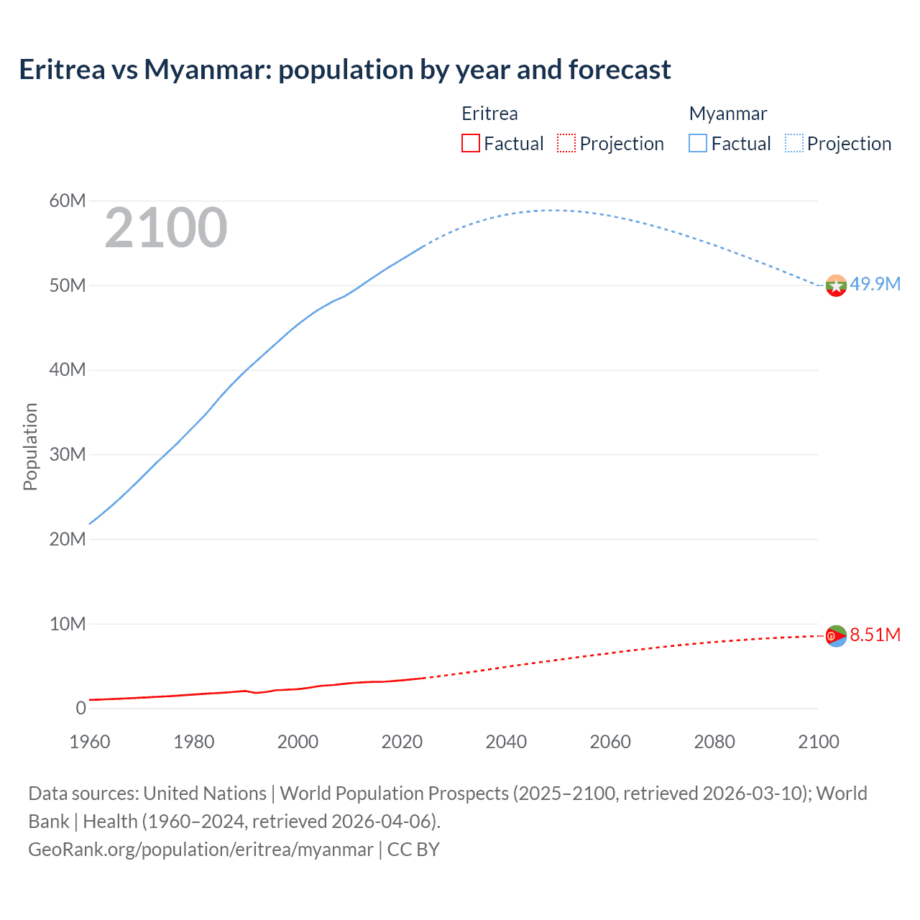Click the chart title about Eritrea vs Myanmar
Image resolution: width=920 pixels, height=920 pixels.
click(x=345, y=70)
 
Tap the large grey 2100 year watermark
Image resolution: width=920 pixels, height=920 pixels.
click(x=166, y=228)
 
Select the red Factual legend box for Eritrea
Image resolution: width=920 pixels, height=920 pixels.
click(x=470, y=144)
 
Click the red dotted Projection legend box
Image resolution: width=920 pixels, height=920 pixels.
click(x=566, y=144)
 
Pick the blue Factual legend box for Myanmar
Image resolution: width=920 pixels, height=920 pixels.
click(x=697, y=144)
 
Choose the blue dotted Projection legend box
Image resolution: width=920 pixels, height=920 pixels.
click(x=794, y=144)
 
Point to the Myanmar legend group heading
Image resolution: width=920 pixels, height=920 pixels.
click(x=727, y=114)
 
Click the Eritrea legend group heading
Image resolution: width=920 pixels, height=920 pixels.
click(x=489, y=114)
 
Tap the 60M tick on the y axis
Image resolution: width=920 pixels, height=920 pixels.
click(x=68, y=201)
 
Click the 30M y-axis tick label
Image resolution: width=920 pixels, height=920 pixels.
click(x=68, y=454)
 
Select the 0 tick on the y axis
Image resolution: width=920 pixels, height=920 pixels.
click(x=80, y=708)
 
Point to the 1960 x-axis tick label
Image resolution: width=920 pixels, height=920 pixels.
click(x=90, y=742)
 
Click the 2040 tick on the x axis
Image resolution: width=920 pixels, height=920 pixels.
click(x=506, y=742)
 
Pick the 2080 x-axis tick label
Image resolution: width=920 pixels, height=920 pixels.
click(x=714, y=742)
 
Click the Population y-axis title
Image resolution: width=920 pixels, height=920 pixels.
click(x=30, y=446)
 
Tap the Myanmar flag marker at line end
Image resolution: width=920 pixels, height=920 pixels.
click(x=836, y=285)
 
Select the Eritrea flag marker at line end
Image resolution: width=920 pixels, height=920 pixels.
click(x=836, y=635)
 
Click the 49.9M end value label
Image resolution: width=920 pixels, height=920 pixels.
click(x=875, y=284)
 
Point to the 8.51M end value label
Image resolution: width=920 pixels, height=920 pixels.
click(x=875, y=635)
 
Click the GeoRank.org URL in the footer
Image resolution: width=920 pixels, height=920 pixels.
click(x=201, y=849)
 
